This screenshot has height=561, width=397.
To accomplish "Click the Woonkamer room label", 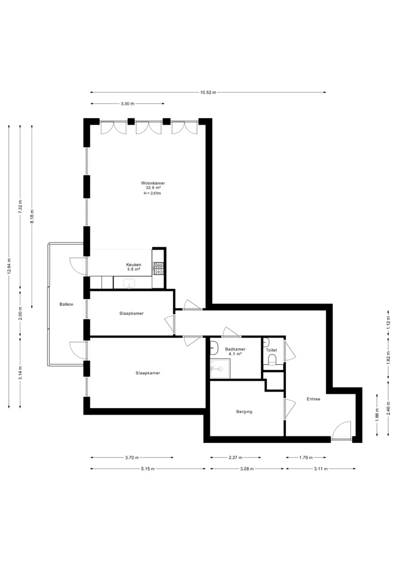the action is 153,183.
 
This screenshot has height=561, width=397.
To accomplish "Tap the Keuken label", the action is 134,265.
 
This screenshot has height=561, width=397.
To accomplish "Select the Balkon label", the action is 67,305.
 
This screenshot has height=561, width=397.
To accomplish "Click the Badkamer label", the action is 235,349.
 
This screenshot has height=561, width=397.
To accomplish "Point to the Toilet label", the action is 271,350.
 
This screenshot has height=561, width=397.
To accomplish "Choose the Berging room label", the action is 244,412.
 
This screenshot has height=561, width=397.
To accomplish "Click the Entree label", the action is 313,399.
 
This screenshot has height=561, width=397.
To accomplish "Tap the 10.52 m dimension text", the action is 208,92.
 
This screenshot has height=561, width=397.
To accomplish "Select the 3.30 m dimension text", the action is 127,104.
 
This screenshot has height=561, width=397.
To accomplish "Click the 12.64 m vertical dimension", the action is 9,266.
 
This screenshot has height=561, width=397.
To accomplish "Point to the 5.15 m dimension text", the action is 147,469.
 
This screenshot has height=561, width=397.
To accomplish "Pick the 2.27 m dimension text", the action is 235,457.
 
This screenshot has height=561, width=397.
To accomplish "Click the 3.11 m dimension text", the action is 321,469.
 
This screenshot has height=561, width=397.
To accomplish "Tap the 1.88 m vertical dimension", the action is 377,415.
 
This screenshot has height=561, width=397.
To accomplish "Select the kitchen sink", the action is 129,284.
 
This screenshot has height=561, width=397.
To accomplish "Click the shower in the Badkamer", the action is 220,369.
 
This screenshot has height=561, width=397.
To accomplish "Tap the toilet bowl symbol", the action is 273,359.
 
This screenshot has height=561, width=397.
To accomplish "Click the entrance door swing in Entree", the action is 341,431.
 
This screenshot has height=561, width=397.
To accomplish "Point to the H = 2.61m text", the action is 153,193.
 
